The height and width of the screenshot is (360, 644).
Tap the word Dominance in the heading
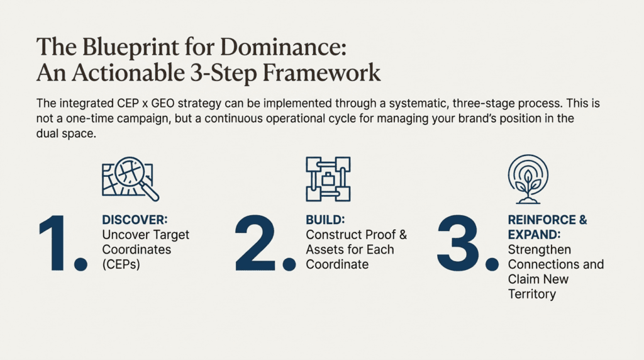pos(283,47)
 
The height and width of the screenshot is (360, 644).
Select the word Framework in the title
pos(321,73)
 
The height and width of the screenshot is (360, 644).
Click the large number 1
pos(62,243)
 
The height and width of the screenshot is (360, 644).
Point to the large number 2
pos(265,243)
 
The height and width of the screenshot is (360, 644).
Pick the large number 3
pos(467,243)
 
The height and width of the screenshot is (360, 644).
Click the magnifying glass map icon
pos(130,179)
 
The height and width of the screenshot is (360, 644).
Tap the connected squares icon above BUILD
pos(328,179)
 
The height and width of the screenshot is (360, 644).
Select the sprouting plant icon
pos(528,179)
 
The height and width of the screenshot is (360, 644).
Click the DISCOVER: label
pos(135,220)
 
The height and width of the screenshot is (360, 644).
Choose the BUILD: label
pos(325,220)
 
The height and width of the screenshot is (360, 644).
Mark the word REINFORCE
pos(542,220)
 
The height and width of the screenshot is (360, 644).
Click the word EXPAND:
pos(535,235)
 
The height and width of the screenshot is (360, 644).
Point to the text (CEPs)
pos(121,264)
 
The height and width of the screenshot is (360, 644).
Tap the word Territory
pos(532,295)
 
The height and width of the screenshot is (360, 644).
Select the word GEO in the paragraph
pos(163,103)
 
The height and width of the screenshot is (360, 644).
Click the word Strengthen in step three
pos(539,250)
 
